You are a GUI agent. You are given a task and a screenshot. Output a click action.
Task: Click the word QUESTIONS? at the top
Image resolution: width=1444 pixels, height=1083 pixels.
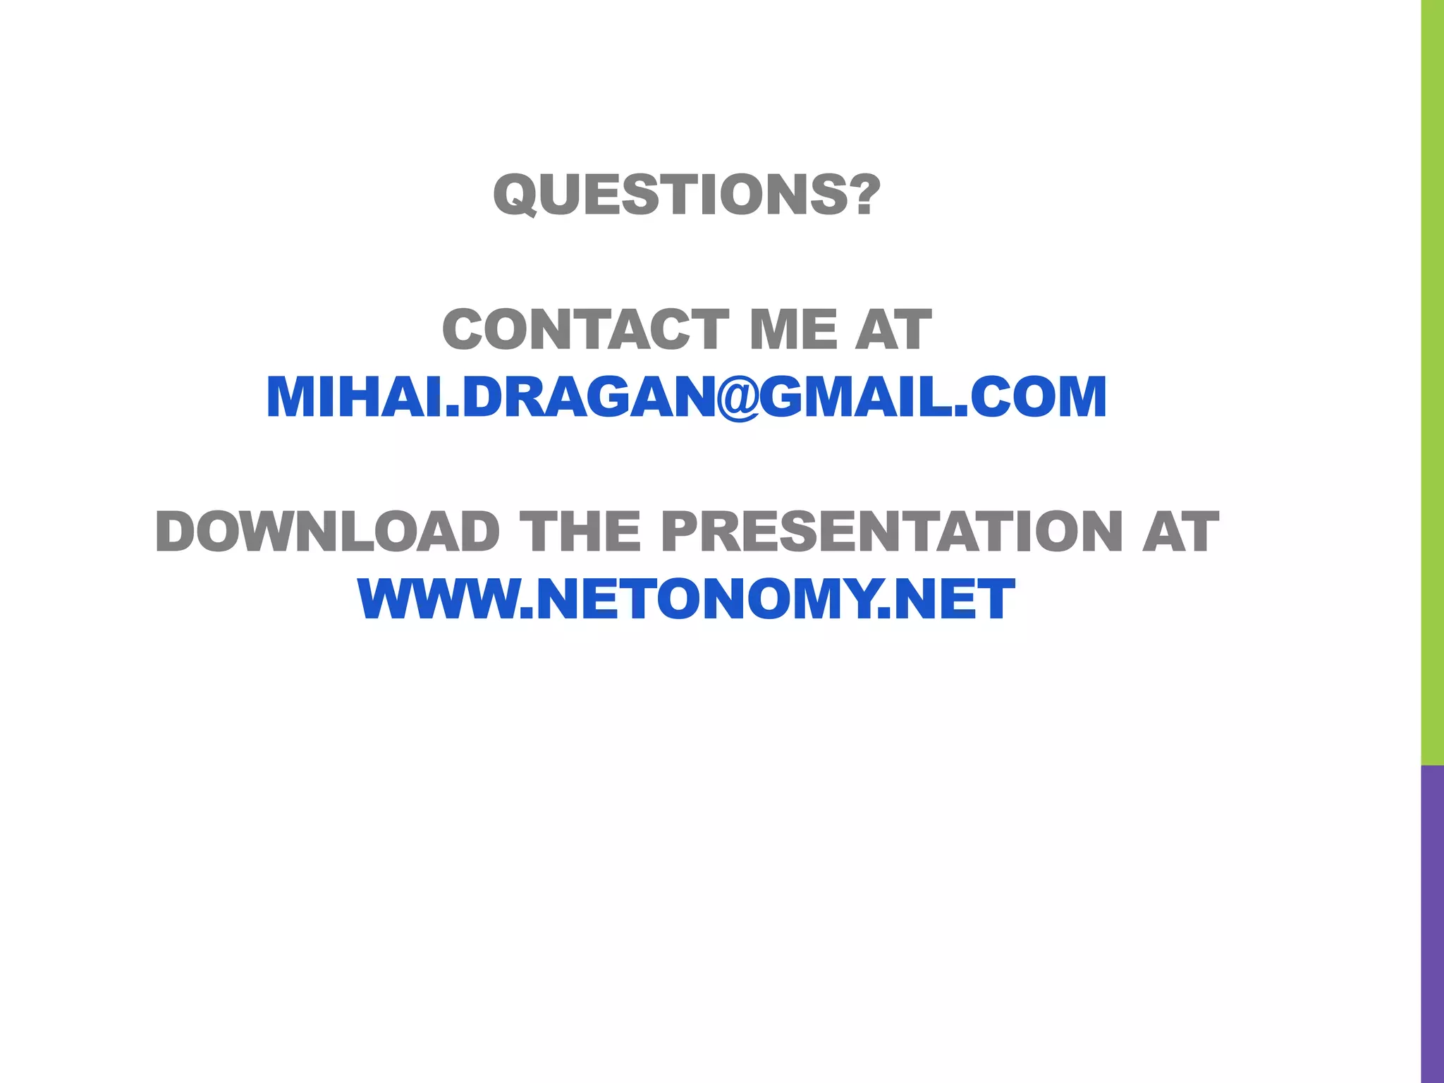click(x=687, y=195)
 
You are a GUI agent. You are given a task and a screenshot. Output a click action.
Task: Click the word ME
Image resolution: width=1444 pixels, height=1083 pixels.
click(x=792, y=329)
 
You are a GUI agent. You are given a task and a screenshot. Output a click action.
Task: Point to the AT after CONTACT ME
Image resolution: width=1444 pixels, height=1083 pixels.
click(x=893, y=329)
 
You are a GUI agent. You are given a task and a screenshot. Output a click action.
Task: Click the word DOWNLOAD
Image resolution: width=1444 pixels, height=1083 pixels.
click(x=327, y=532)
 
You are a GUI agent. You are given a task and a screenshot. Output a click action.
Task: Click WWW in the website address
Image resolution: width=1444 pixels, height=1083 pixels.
click(x=437, y=599)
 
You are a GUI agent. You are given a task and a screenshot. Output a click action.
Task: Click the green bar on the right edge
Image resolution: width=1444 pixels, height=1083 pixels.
click(x=1432, y=381)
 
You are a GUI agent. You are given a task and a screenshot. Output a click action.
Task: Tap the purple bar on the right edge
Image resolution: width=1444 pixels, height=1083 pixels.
click(x=1432, y=924)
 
